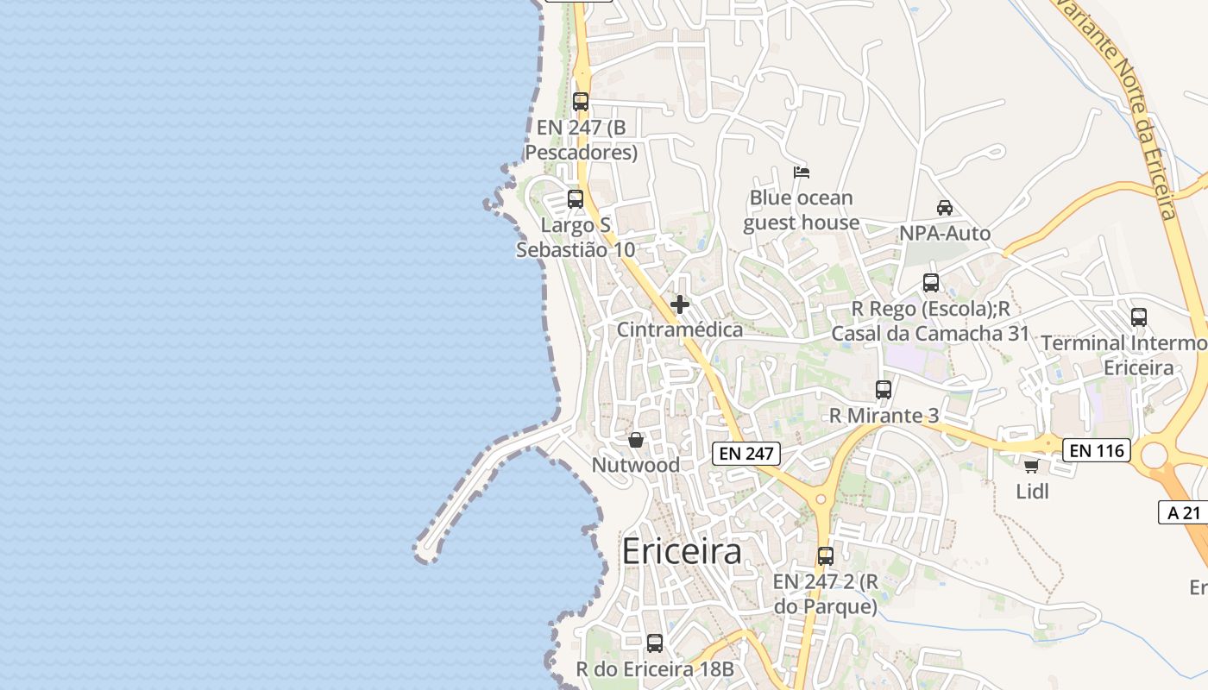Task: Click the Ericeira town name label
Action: click(x=681, y=551)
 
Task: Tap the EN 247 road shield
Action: click(x=746, y=453)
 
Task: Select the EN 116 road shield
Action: click(x=1096, y=449)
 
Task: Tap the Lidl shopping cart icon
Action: click(x=1031, y=466)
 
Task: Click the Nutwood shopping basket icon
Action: click(x=636, y=440)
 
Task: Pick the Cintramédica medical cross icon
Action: click(x=680, y=304)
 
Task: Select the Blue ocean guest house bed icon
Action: click(x=802, y=172)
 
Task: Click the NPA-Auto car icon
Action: click(x=945, y=208)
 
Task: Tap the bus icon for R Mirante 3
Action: click(x=883, y=390)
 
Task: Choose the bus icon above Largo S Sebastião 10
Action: click(x=576, y=199)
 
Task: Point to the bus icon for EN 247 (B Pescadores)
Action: click(x=581, y=102)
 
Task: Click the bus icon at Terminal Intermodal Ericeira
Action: click(x=1139, y=317)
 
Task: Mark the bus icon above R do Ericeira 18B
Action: click(x=655, y=643)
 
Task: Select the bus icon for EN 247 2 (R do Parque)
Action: click(x=826, y=556)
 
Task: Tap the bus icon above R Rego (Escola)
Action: click(x=931, y=283)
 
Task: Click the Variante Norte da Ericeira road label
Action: click(x=1122, y=103)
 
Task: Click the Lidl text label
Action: click(x=1032, y=492)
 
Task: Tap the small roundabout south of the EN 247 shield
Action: click(x=821, y=499)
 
